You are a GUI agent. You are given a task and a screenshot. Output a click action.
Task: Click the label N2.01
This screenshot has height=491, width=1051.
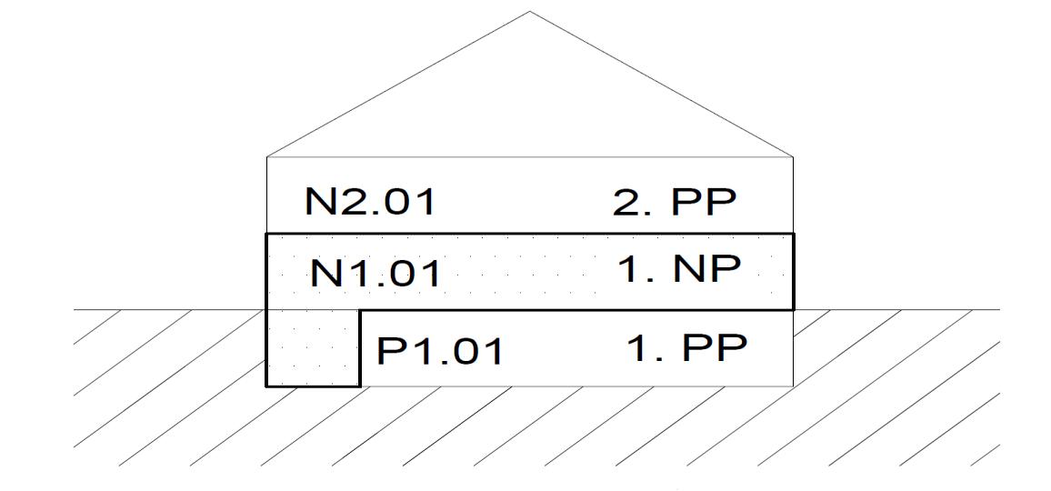pyautogui.click(x=370, y=202)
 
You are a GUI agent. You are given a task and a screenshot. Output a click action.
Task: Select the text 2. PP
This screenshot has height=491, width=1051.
pyautogui.click(x=673, y=203)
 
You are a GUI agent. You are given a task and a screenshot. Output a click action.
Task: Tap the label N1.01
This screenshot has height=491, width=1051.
pyautogui.click(x=375, y=273)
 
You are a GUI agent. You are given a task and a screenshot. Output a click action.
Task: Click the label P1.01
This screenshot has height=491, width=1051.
pyautogui.click(x=440, y=351)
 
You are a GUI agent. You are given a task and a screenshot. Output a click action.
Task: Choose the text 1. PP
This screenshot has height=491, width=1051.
pyautogui.click(x=686, y=348)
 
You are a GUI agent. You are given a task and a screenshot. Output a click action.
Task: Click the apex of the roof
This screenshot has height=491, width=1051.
pyautogui.click(x=530, y=12)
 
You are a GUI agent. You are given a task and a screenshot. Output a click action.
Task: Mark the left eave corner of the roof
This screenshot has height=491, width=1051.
pyautogui.click(x=266, y=156)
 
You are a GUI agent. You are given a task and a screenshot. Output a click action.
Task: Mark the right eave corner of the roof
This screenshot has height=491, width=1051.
pyautogui.click(x=794, y=156)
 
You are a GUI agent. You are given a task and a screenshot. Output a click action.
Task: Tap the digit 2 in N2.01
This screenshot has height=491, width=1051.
pyautogui.click(x=351, y=202)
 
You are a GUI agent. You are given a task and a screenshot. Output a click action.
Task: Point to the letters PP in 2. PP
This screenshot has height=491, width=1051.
pyautogui.click(x=702, y=203)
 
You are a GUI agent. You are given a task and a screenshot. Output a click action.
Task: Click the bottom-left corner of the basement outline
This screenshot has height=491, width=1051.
pyautogui.click(x=266, y=386)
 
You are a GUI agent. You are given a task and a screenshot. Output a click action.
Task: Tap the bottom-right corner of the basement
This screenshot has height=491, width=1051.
pyautogui.click(x=794, y=386)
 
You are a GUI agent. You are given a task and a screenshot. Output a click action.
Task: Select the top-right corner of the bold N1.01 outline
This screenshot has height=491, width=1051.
pyautogui.click(x=794, y=235)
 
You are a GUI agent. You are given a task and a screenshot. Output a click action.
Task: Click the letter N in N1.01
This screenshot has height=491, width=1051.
pyautogui.click(x=325, y=273)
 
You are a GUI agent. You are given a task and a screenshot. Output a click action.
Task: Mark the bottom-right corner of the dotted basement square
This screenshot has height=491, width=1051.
pyautogui.click(x=361, y=386)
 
